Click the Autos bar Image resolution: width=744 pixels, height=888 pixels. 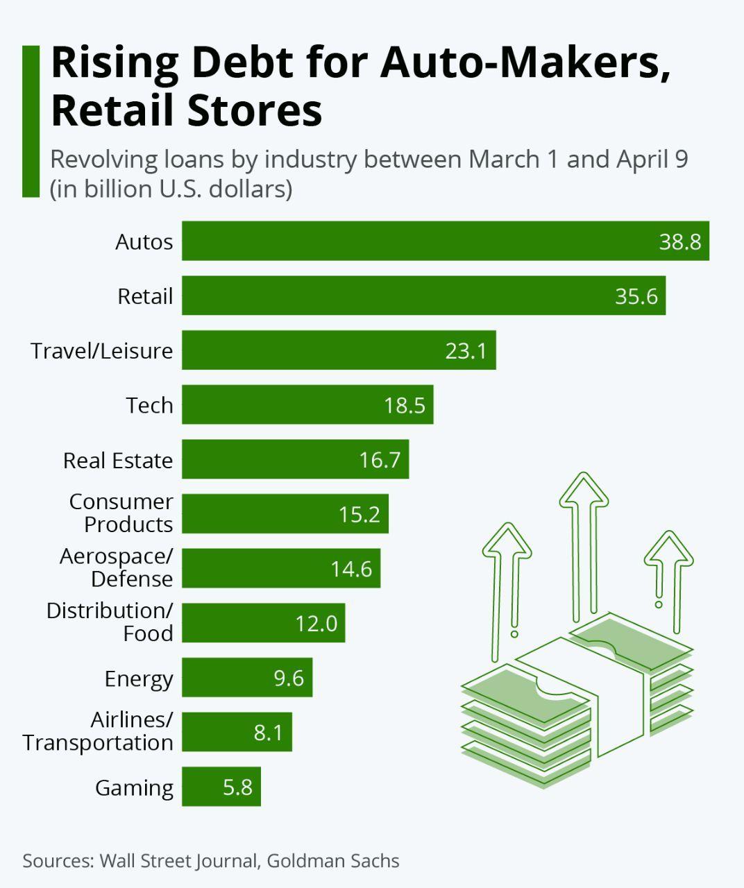point(444,241)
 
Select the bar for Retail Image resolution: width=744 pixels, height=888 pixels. point(423,296)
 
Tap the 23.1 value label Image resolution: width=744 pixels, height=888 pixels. point(466,350)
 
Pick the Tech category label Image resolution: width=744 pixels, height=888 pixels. point(149,405)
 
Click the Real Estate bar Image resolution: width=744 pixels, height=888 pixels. point(295,459)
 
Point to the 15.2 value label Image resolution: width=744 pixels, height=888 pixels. point(360,514)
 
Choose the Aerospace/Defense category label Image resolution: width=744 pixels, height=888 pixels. point(116,567)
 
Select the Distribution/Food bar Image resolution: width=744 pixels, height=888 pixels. point(263,623)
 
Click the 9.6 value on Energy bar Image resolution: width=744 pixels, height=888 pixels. point(289,678)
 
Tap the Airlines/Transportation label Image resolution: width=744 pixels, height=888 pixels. point(98,731)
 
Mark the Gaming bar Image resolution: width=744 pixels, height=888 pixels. point(221,787)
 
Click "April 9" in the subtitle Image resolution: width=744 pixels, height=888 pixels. point(652,159)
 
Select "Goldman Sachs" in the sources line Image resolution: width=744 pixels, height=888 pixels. point(333,861)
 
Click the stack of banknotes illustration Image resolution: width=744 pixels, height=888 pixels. point(576,701)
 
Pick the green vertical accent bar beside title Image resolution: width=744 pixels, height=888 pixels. point(31,121)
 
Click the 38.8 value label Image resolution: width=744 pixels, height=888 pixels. point(679,241)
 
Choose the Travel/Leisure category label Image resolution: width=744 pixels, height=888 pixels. point(102,350)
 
